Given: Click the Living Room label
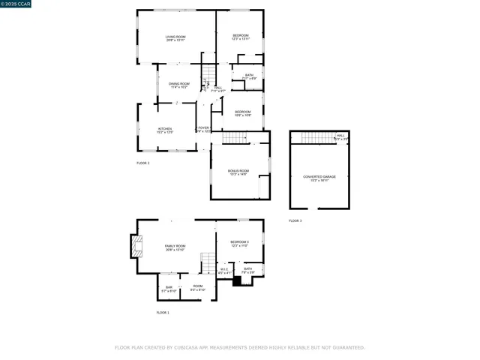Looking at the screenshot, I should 175,38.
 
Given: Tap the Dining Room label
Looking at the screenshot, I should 178,85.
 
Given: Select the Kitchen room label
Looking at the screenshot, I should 164,130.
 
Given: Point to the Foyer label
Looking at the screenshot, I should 203,129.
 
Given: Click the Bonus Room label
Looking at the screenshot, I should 238,172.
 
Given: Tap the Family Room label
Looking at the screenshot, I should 175,247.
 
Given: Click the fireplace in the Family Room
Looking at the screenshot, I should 136,247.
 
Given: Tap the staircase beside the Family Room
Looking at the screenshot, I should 208,263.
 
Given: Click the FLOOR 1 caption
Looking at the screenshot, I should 163,312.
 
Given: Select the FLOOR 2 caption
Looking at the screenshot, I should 142,163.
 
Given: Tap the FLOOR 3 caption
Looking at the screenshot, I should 295,220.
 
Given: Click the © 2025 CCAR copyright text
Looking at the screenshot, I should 16,4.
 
